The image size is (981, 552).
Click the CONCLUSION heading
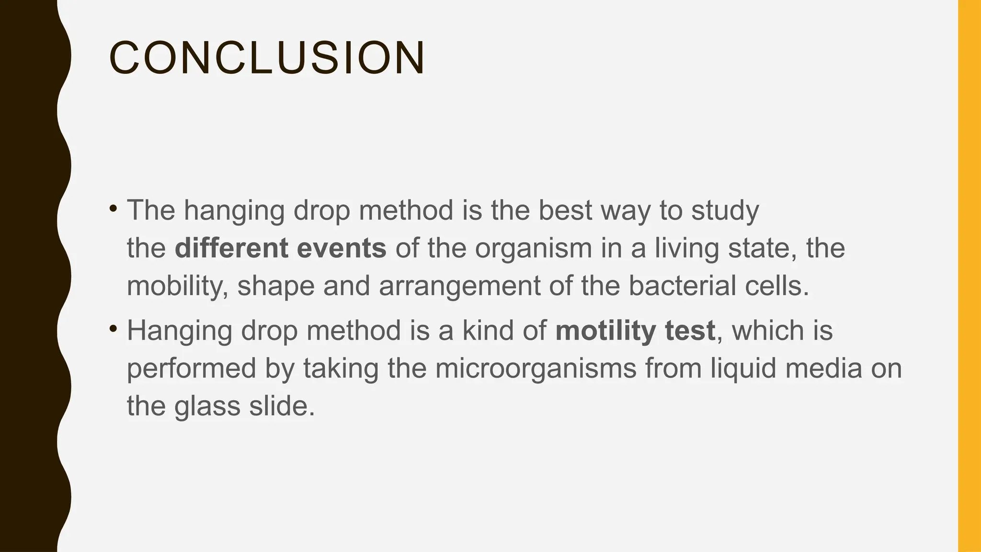coord(267,58)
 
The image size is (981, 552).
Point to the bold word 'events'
coord(342,248)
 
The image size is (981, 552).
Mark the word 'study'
coord(725,211)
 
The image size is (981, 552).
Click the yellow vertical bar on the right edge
coord(969,276)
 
